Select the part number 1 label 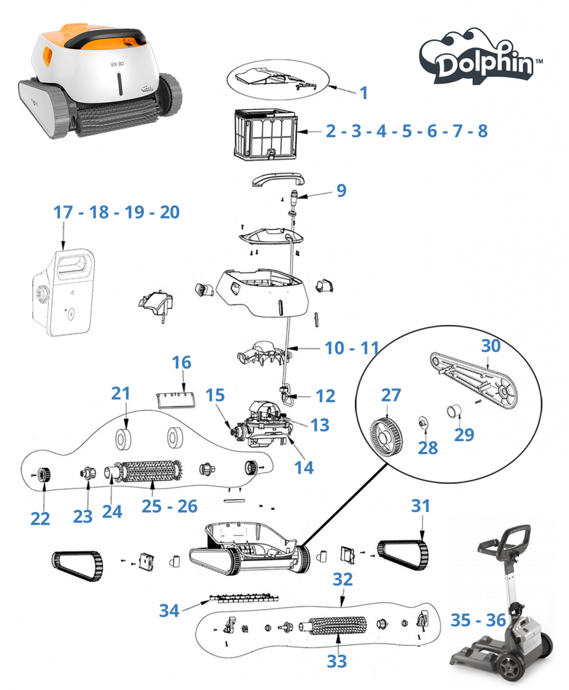tap(363, 93)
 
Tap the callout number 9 tap(341, 191)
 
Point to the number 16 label tap(182, 362)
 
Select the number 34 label tap(170, 611)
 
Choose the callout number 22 tap(40, 519)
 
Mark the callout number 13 tap(320, 424)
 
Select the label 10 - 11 tap(352, 347)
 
